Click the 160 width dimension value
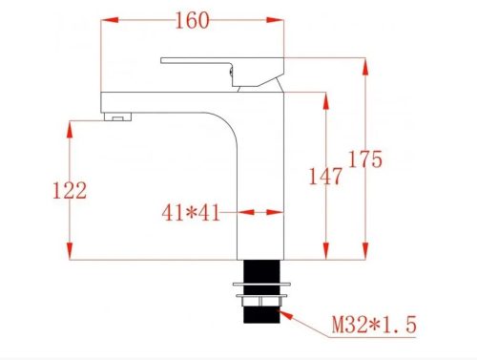195,20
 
